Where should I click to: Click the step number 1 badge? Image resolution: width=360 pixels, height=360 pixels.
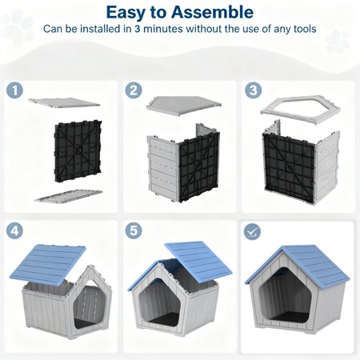(14, 90)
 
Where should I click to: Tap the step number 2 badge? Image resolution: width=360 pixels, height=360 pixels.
(134, 90)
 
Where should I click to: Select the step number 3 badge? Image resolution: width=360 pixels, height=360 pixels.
(253, 90)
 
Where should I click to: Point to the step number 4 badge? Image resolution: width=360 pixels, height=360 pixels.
(14, 230)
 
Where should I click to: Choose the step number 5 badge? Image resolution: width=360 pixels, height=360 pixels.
(134, 230)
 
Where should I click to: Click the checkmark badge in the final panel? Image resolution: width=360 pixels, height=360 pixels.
(252, 231)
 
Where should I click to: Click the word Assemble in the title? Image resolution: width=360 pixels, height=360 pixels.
(212, 12)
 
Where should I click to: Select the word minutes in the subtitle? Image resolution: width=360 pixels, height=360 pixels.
(163, 29)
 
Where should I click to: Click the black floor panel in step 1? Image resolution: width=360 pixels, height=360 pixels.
(78, 151)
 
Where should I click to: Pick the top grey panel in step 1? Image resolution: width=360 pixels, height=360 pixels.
(64, 102)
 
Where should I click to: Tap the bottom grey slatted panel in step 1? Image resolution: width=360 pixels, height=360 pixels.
(68, 196)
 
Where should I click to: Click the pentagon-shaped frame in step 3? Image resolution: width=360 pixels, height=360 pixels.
(300, 99)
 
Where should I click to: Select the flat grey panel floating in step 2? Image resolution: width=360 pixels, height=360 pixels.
(184, 105)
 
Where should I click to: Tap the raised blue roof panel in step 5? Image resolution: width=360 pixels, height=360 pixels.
(198, 262)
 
